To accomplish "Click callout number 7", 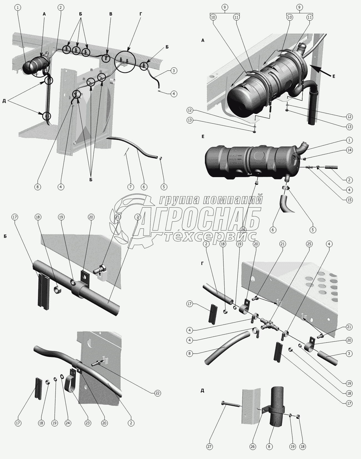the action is click(131, 187).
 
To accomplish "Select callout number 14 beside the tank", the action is click(349, 150).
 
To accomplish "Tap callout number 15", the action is click(349, 200).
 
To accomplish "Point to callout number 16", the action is click(243, 229).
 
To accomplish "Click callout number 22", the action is click(158, 393).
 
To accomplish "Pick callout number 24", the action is click(68, 423).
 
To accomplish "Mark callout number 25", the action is click(309, 244).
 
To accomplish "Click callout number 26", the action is click(253, 447).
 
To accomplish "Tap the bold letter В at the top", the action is click(111, 14).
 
